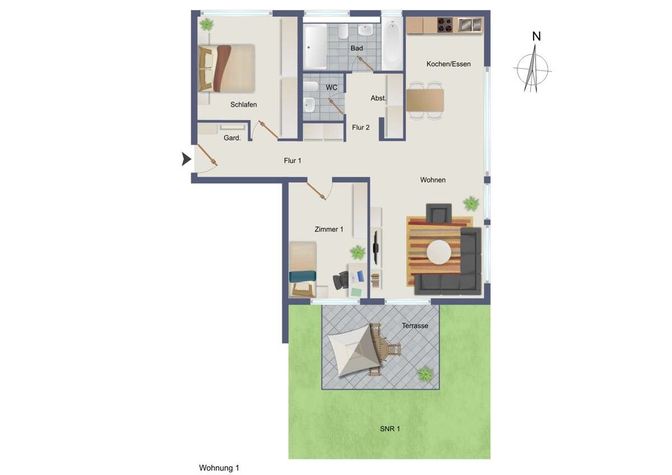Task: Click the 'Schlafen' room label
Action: (244, 105)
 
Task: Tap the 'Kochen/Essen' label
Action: (449, 64)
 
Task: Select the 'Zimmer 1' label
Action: (329, 229)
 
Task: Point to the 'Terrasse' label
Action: (415, 325)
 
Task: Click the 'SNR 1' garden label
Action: (390, 429)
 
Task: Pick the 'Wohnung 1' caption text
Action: (219, 468)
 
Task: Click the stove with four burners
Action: (445, 25)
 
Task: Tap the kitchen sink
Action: (470, 25)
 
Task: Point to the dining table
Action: (425, 101)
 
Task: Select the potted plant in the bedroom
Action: (207, 24)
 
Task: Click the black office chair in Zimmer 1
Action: (340, 280)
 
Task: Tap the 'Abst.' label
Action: (379, 98)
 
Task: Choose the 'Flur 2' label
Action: (361, 127)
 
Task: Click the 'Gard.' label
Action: (232, 138)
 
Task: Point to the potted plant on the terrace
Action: (425, 372)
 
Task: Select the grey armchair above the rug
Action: (438, 213)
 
